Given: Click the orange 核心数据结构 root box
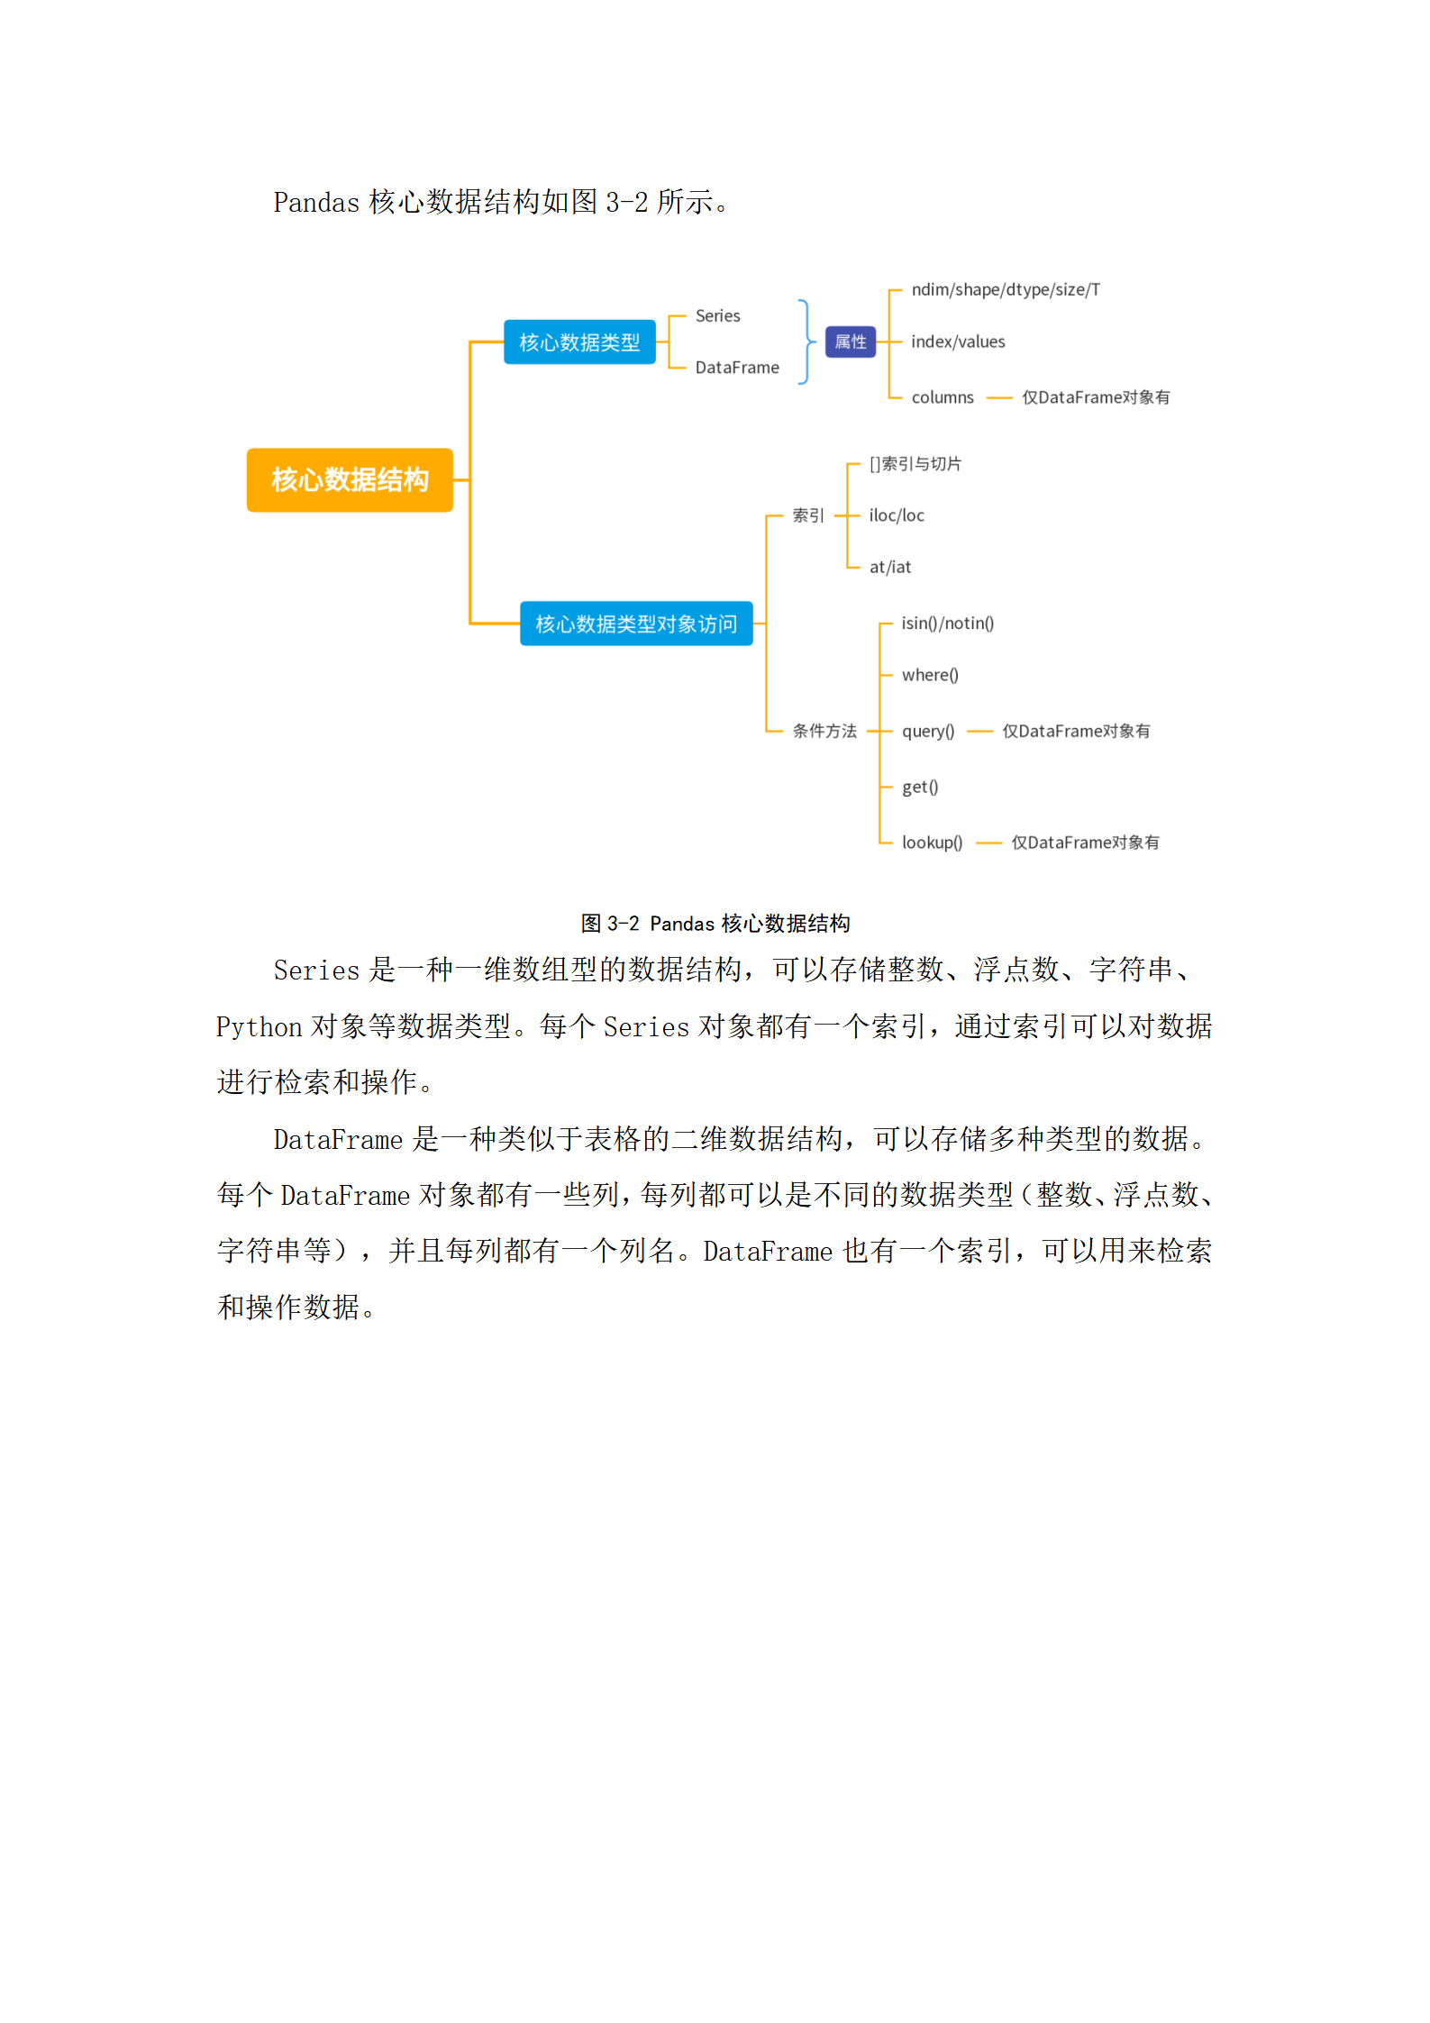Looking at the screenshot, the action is tap(350, 479).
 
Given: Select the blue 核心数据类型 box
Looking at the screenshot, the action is tap(579, 342).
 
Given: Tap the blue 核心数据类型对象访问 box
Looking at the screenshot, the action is tap(636, 624).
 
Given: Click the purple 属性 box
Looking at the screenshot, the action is tap(851, 342).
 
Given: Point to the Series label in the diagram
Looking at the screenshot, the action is tap(717, 316).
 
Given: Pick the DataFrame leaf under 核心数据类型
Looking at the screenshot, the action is tap(737, 368).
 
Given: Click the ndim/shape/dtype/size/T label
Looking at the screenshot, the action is tap(1006, 289).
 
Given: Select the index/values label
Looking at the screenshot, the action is tap(958, 342).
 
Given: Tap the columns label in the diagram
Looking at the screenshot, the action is tap(943, 397).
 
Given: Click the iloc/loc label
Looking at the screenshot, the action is tap(897, 515).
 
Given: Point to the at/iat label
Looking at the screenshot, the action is tap(890, 567).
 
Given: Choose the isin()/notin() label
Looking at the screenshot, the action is tap(948, 624).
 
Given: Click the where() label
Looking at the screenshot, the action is tap(930, 675).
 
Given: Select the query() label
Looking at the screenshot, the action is tap(928, 731).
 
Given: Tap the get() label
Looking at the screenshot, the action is tap(920, 787).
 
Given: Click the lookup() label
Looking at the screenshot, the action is tap(933, 843).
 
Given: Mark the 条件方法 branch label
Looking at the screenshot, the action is tap(824, 731).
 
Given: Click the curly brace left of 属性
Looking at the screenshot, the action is tap(806, 342).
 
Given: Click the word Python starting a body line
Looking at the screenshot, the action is tap(259, 1027).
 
